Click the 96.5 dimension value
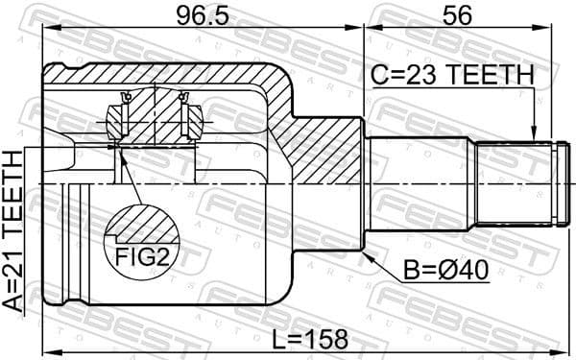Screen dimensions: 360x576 click(x=203, y=16)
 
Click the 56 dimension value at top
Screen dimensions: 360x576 click(x=457, y=16)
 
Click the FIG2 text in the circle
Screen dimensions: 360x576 click(x=142, y=256)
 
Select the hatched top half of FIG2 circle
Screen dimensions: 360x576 click(x=142, y=226)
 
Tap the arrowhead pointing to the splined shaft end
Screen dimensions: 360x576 click(x=535, y=133)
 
